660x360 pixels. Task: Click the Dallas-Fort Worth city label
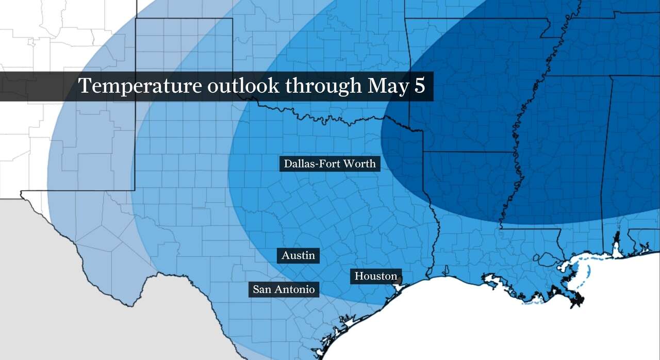point(330,164)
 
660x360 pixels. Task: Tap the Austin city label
point(298,255)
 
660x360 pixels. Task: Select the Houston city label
point(376,276)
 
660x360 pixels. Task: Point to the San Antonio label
point(284,289)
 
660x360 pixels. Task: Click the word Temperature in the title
point(140,86)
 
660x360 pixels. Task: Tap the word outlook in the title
point(243,86)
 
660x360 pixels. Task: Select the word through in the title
point(324,86)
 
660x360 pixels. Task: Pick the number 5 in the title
point(419,86)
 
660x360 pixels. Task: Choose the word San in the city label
point(261,289)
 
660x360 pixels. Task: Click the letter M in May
point(376,86)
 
